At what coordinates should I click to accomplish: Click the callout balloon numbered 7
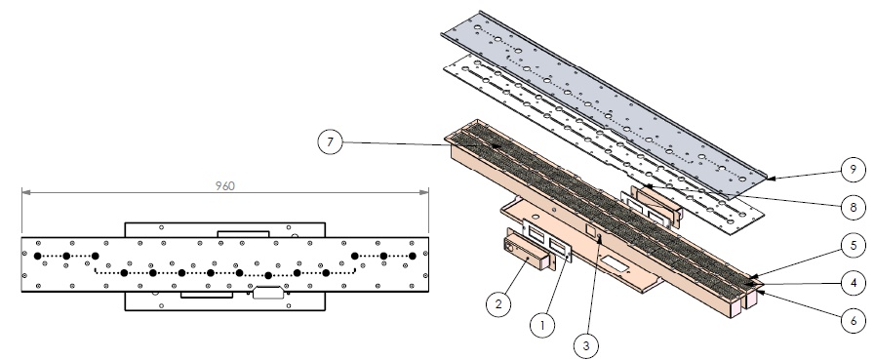click(x=330, y=142)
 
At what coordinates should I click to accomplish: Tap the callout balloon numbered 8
click(x=854, y=207)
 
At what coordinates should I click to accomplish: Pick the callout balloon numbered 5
click(x=854, y=245)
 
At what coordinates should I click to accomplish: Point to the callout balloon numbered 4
click(x=854, y=283)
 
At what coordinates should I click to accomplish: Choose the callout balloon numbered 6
click(x=854, y=321)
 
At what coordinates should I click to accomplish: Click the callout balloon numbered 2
click(x=498, y=303)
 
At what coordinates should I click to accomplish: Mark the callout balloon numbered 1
click(x=541, y=325)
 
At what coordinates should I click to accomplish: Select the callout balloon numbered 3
click(x=586, y=345)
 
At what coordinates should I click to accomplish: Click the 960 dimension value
click(x=225, y=185)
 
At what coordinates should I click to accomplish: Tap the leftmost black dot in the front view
click(x=37, y=257)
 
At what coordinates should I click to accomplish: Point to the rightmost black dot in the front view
click(x=413, y=257)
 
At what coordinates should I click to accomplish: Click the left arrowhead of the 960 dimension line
click(x=25, y=192)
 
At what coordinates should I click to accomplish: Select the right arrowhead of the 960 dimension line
click(x=424, y=192)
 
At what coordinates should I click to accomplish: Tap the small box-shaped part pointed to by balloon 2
click(x=527, y=254)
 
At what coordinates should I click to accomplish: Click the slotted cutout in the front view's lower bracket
click(x=268, y=292)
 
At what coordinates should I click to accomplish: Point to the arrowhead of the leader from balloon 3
click(x=599, y=239)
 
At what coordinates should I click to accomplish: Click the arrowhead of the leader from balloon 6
click(x=758, y=292)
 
